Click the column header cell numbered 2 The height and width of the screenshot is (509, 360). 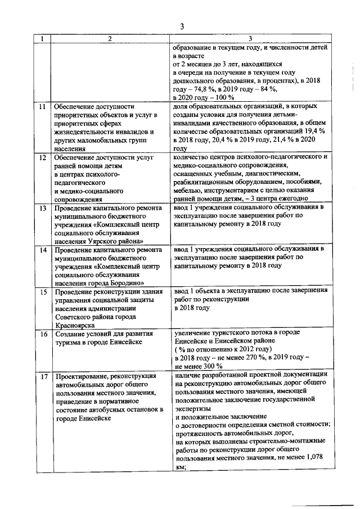110,38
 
